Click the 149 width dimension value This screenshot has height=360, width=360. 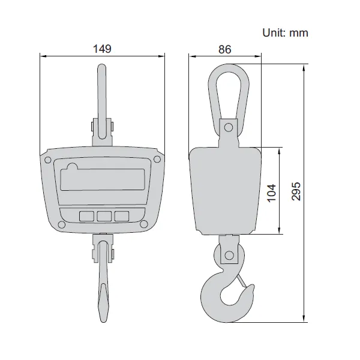click(103, 49)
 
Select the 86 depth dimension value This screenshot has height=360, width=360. click(225, 49)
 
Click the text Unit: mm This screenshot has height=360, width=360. click(285, 32)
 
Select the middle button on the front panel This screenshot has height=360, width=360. click(104, 215)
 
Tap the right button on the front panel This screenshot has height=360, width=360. click(122, 215)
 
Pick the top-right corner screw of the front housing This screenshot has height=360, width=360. click(156, 159)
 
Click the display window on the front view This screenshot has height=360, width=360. click(103, 177)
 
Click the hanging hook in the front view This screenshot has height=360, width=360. click(103, 288)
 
